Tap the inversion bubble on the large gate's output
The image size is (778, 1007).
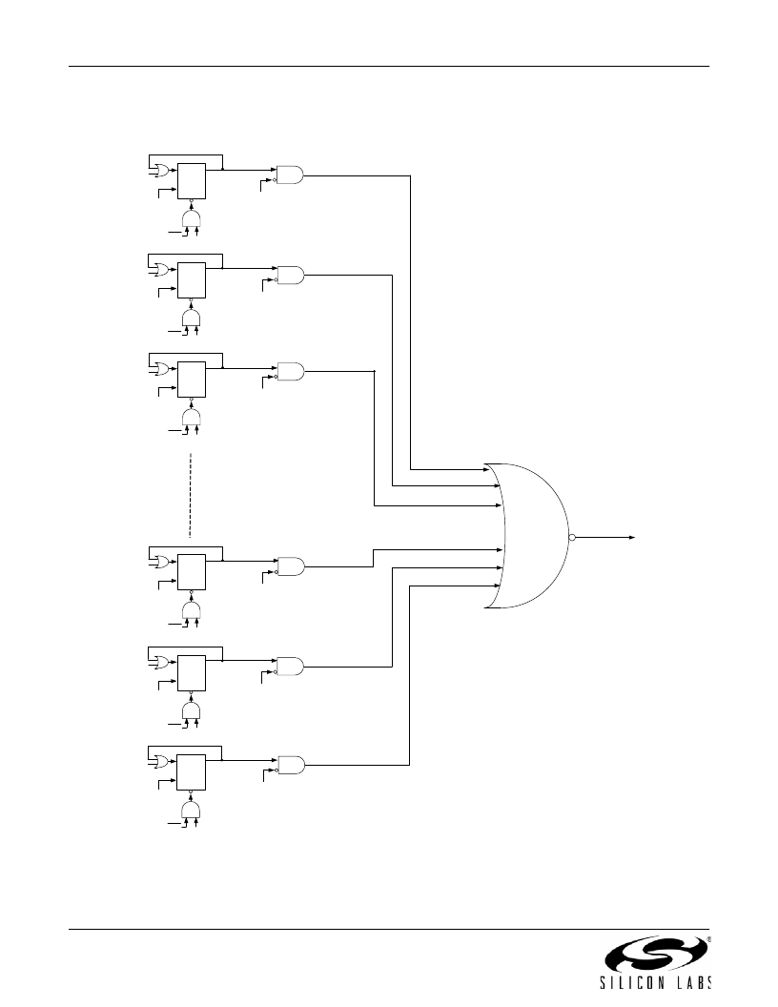tap(572, 537)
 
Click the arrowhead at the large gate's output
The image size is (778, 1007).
tap(632, 537)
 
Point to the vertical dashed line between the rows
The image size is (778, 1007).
tap(191, 495)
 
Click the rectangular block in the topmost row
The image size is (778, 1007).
tap(192, 181)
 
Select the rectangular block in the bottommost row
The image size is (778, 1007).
tap(192, 772)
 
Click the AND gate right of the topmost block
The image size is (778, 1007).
tap(290, 175)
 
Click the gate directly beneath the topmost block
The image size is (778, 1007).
tap(192, 217)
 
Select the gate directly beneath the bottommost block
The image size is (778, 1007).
tap(192, 809)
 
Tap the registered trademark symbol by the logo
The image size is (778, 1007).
tap(708, 938)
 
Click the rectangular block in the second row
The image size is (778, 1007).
tap(192, 280)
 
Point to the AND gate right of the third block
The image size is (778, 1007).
tap(291, 371)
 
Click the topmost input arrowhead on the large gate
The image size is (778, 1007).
tap(486, 469)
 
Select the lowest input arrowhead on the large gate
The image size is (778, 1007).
tap(498, 586)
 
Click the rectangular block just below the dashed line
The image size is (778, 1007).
tap(192, 571)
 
